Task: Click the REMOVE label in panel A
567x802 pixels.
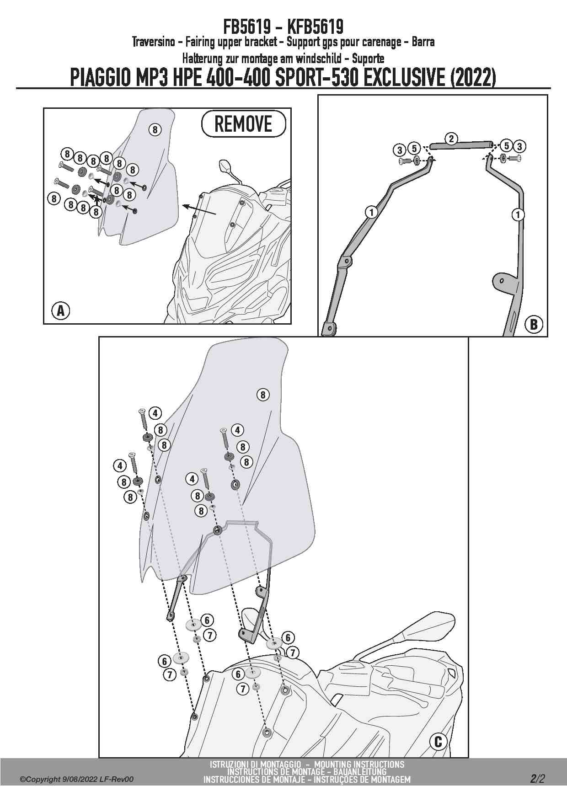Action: coord(243,124)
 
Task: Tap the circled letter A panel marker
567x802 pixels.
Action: coord(60,311)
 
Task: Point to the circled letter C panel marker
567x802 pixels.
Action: coord(438,741)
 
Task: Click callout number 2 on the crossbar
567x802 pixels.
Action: coord(451,139)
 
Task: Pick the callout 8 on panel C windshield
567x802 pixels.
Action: coord(263,395)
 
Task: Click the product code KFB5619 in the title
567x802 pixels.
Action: coord(316,27)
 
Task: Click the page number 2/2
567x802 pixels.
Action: coord(537,778)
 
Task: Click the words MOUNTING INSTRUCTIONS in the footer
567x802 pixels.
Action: coord(359,764)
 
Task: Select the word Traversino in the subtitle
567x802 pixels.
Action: coord(151,42)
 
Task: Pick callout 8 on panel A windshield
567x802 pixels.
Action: coord(155,130)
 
